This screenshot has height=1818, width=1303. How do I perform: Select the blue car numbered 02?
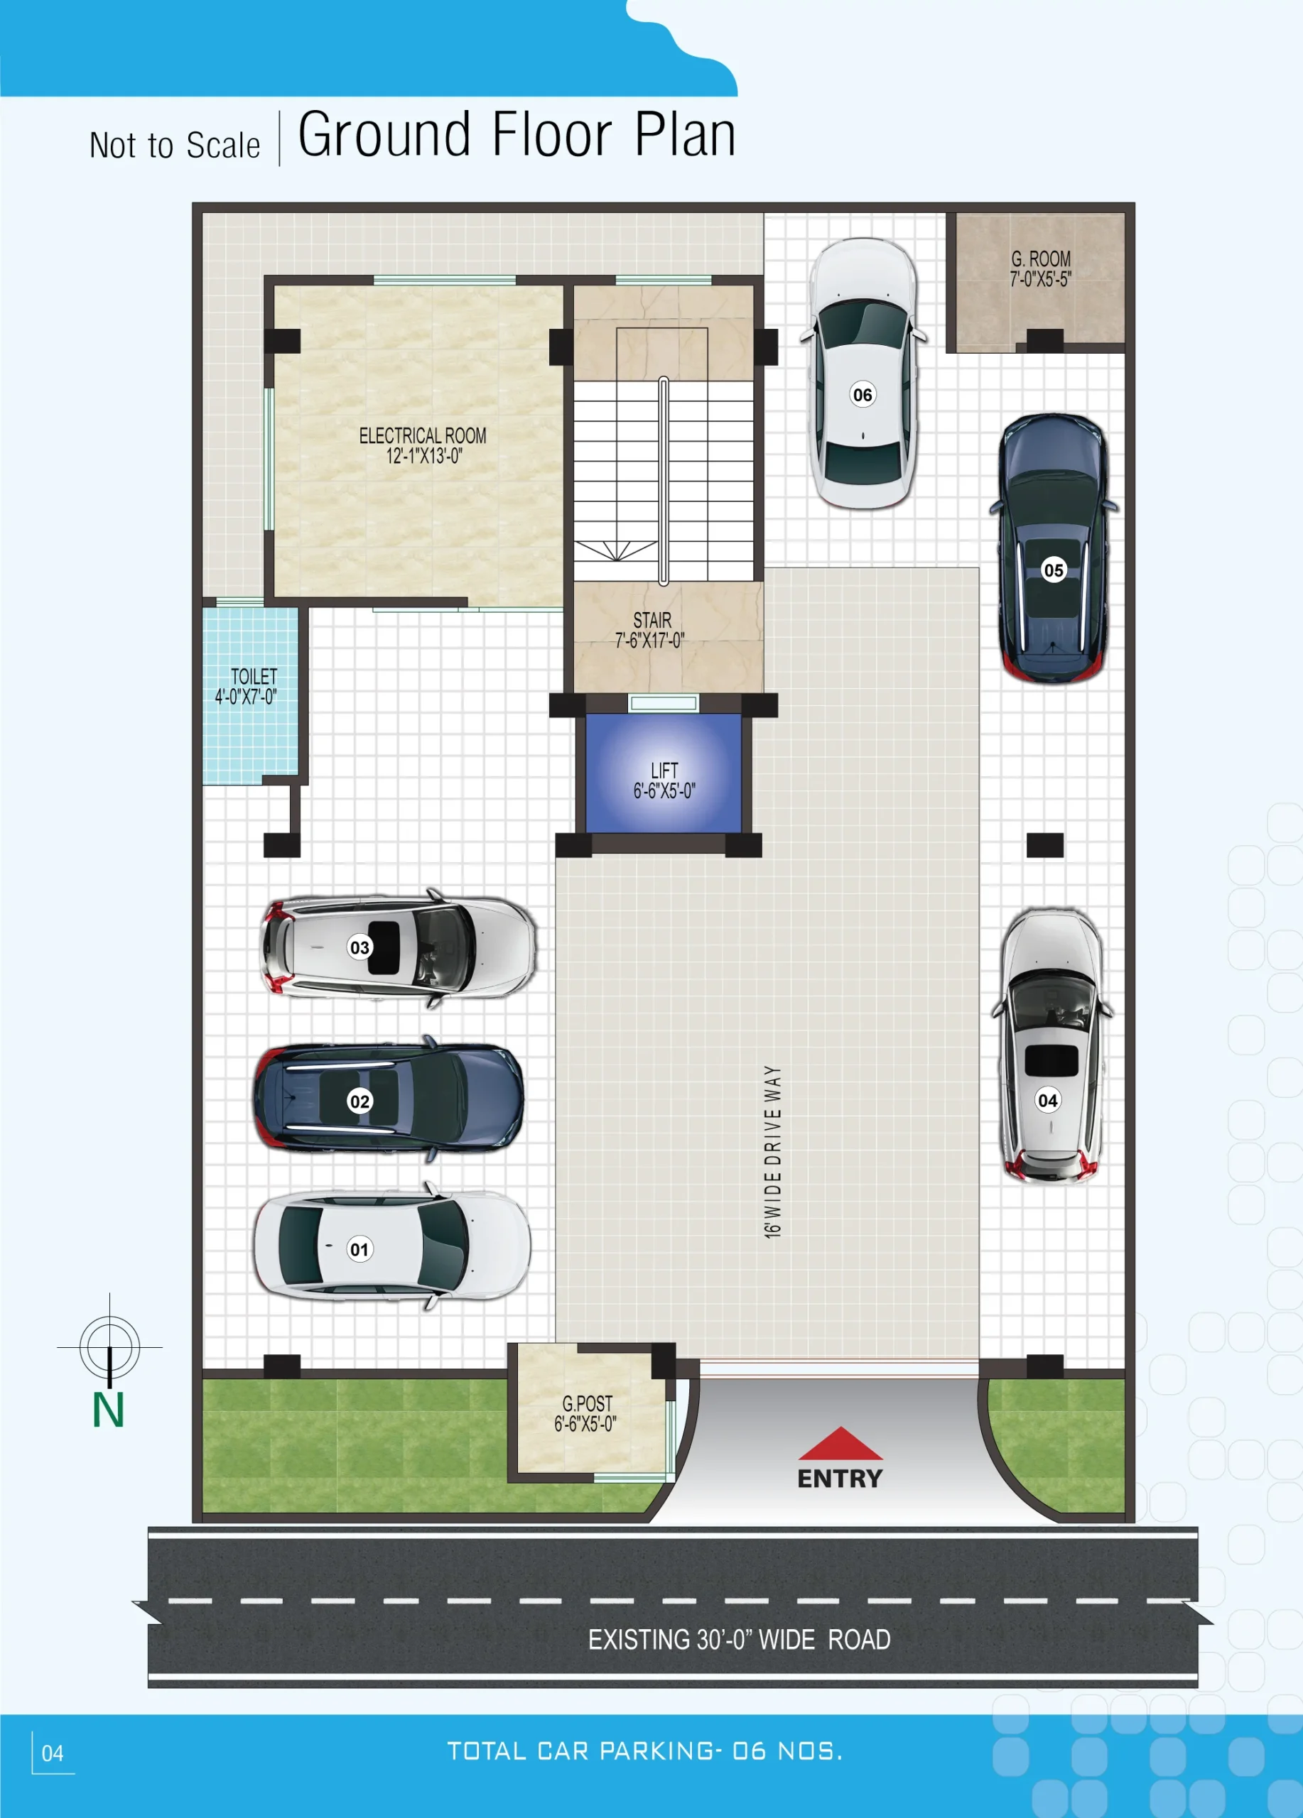pyautogui.click(x=389, y=1099)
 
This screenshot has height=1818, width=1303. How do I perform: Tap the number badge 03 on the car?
pyautogui.click(x=360, y=947)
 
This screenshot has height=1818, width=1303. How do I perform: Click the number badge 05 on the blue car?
pyautogui.click(x=1054, y=571)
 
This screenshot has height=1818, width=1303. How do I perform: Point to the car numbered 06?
pyautogui.click(x=863, y=374)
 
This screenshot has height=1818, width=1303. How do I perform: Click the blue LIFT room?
pyautogui.click(x=664, y=773)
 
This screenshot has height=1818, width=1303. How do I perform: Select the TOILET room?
pyautogui.click(x=250, y=696)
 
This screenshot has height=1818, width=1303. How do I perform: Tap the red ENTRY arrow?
pyautogui.click(x=840, y=1444)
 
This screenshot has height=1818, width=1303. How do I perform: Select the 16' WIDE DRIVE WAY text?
pyautogui.click(x=772, y=1152)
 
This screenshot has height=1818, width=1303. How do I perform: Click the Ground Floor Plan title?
pyautogui.click(x=517, y=134)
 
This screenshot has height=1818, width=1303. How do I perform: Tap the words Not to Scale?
pyautogui.click(x=175, y=145)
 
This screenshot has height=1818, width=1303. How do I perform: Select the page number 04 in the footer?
pyautogui.click(x=52, y=1754)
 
